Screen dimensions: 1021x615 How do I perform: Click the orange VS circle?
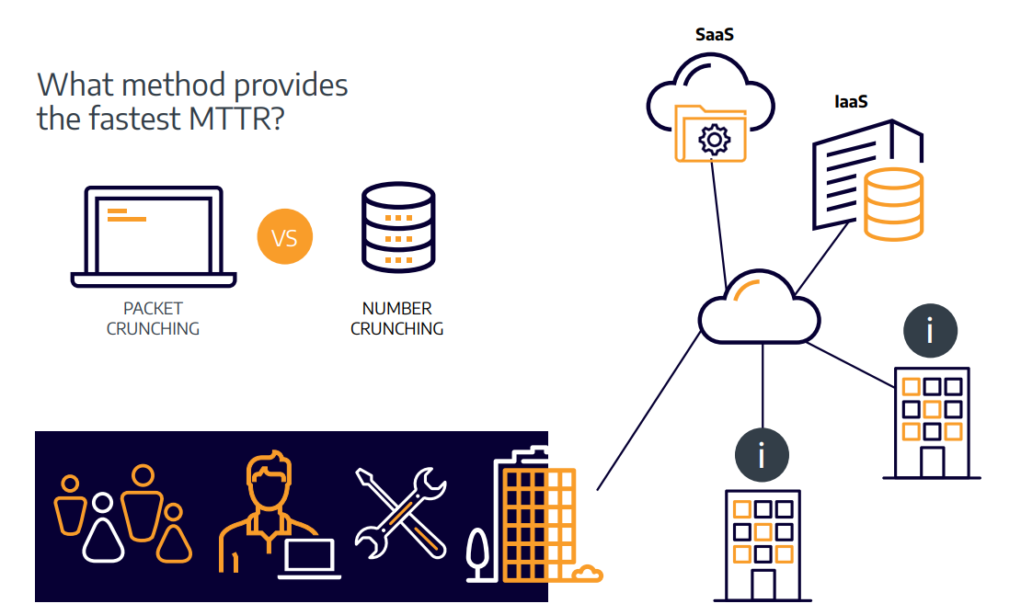[285, 236]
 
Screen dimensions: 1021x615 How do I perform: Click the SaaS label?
[715, 35]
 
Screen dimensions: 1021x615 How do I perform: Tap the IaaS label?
[851, 101]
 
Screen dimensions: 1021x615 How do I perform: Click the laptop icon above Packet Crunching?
[154, 236]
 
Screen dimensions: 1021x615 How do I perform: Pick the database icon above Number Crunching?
[398, 227]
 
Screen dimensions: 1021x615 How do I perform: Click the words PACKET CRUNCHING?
[153, 318]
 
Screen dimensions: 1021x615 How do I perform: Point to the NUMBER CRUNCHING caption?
[397, 318]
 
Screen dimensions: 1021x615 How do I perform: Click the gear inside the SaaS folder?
[715, 139]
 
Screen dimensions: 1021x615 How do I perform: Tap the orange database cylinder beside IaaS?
[893, 204]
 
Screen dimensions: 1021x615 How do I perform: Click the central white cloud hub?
[759, 307]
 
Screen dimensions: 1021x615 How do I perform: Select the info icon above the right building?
[930, 331]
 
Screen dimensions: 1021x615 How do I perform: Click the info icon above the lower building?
[762, 455]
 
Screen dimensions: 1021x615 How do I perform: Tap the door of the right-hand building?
[932, 461]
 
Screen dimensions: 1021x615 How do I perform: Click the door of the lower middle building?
[763, 585]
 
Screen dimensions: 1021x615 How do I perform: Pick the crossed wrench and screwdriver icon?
[400, 513]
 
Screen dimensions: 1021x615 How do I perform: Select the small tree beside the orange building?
[477, 553]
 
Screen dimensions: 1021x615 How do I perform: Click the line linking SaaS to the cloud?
[719, 224]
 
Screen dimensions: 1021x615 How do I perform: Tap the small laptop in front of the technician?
[309, 559]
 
